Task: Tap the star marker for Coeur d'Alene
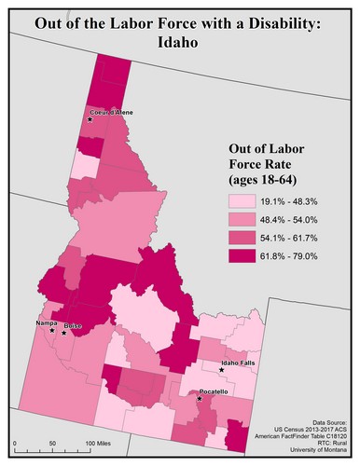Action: (90, 120)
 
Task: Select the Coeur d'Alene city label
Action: (113, 113)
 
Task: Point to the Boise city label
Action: (72, 325)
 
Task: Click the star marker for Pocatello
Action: (201, 399)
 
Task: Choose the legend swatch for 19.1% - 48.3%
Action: (245, 200)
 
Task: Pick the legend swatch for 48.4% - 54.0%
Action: (245, 219)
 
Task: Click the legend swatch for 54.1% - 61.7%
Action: (245, 237)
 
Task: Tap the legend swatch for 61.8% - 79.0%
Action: (245, 254)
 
